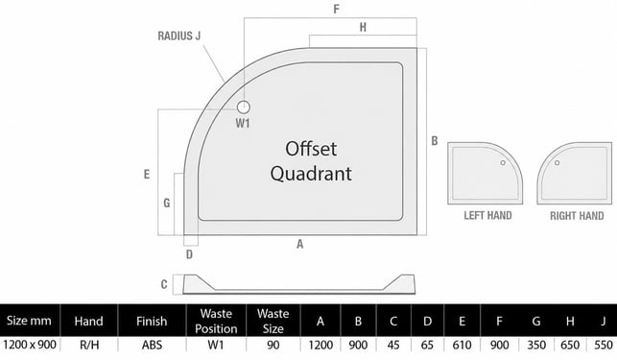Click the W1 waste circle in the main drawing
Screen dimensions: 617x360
click(x=244, y=108)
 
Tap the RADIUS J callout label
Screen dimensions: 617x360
click(x=179, y=36)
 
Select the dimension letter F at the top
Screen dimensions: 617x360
click(x=336, y=9)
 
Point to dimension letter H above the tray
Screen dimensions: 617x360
click(x=363, y=27)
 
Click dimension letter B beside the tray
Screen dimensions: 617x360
click(x=435, y=140)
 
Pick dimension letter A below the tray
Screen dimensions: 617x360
click(x=299, y=244)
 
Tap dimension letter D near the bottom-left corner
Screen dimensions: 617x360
click(x=189, y=254)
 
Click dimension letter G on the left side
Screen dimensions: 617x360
click(x=167, y=203)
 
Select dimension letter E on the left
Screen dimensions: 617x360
click(x=147, y=174)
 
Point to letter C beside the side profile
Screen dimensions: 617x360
click(x=164, y=284)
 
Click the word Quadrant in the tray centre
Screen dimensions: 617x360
click(x=311, y=174)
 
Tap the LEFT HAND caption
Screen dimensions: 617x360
click(x=487, y=215)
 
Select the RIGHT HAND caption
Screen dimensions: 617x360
click(x=577, y=216)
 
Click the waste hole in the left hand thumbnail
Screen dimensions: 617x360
click(x=503, y=162)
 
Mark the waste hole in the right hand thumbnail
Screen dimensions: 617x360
click(x=557, y=162)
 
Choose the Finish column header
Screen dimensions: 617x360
click(x=152, y=322)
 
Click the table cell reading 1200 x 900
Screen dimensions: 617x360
click(x=30, y=345)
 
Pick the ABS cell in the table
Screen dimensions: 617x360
click(x=152, y=345)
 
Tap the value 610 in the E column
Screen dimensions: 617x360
click(x=462, y=345)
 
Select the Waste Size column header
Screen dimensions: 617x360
click(x=273, y=321)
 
